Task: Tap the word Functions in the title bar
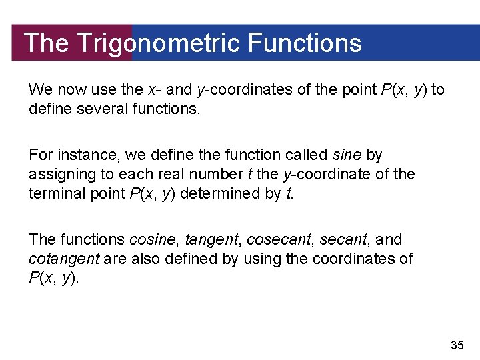point(304,43)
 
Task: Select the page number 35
point(457,345)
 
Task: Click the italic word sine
point(347,155)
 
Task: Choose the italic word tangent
point(210,239)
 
